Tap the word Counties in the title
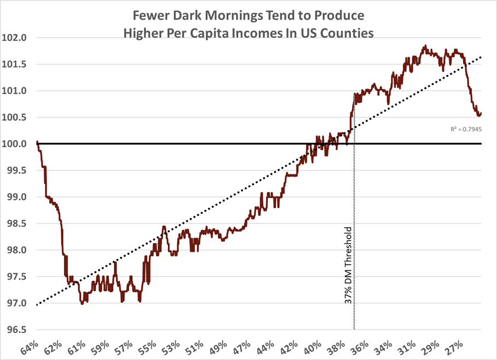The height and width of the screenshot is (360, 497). pos(346,33)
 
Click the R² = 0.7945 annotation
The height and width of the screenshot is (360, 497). pos(466,129)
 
